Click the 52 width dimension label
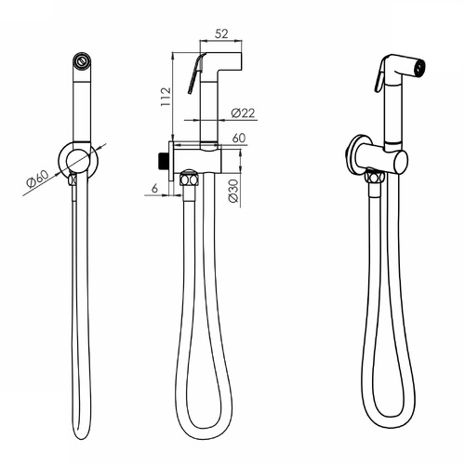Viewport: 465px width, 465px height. click(221, 33)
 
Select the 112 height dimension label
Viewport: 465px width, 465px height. click(166, 97)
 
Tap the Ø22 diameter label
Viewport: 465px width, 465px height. click(244, 113)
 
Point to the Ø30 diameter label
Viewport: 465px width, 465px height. click(234, 191)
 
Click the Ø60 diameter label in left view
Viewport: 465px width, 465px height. click(38, 179)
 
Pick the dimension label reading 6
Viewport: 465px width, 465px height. click(154, 188)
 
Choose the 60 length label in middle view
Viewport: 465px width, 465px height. click(239, 138)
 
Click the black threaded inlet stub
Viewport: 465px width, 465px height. click(163, 161)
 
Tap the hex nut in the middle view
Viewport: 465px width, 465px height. click(189, 179)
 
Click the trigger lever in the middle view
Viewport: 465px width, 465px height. click(195, 73)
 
